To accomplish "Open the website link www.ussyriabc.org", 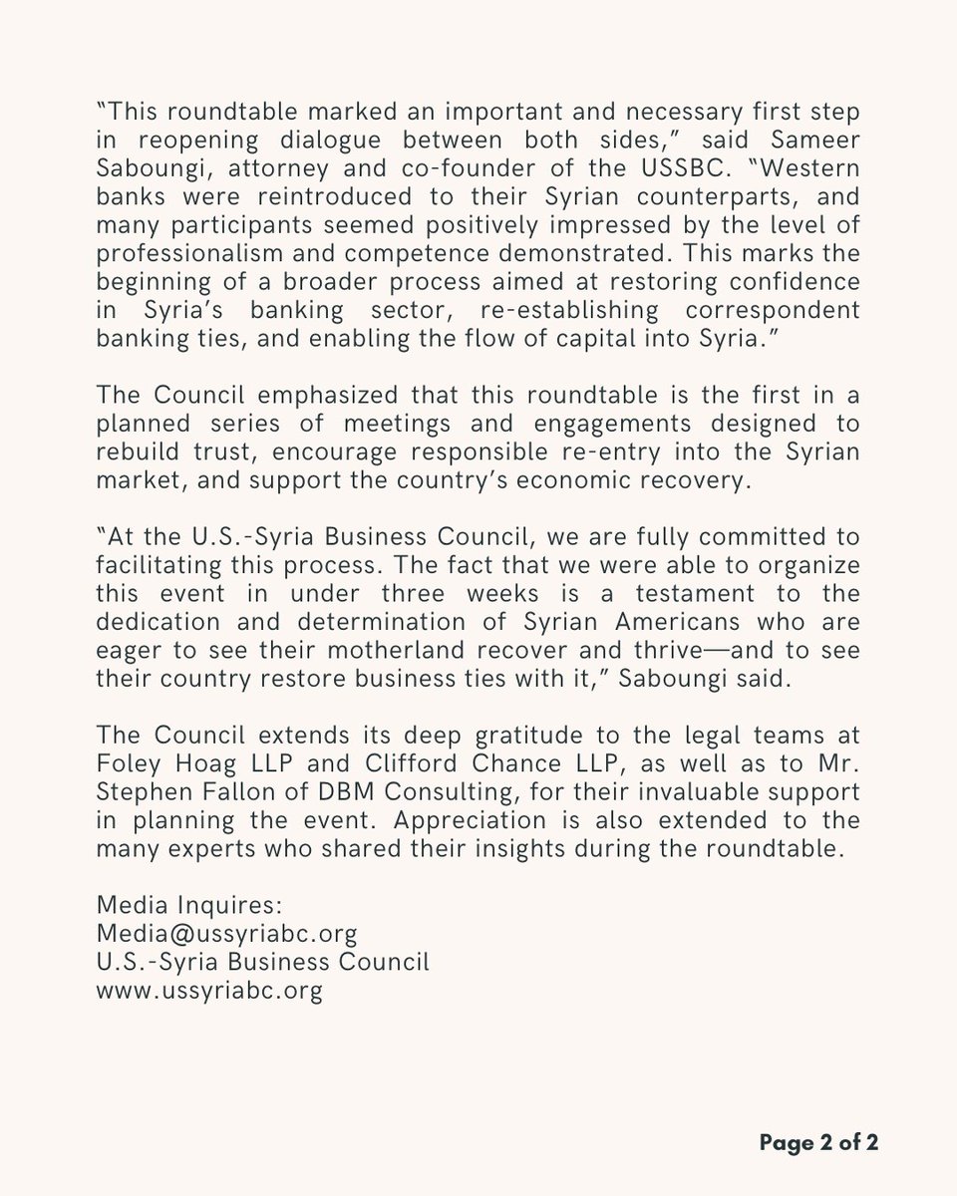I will (209, 993).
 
